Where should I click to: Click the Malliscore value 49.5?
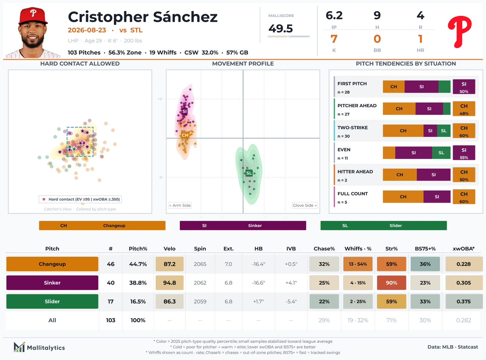(281, 29)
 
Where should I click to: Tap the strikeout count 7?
(334, 39)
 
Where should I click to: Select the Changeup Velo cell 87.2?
(169, 264)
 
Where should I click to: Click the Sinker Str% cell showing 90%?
(391, 283)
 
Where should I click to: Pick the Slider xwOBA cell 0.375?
(464, 301)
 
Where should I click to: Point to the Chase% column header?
(324, 249)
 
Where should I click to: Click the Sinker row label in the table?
(52, 283)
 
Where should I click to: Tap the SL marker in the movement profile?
(249, 173)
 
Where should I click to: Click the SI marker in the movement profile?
(184, 111)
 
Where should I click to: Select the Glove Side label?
(305, 205)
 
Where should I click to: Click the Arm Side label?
(180, 205)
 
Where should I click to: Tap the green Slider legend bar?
(383, 225)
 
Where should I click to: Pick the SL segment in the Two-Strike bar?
(444, 131)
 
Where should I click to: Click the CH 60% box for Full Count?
(464, 197)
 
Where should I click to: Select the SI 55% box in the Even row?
(464, 153)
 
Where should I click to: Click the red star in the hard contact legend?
(44, 199)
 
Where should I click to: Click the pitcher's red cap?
(33, 16)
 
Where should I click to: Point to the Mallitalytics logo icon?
(19, 347)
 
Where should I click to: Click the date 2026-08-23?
(87, 30)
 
